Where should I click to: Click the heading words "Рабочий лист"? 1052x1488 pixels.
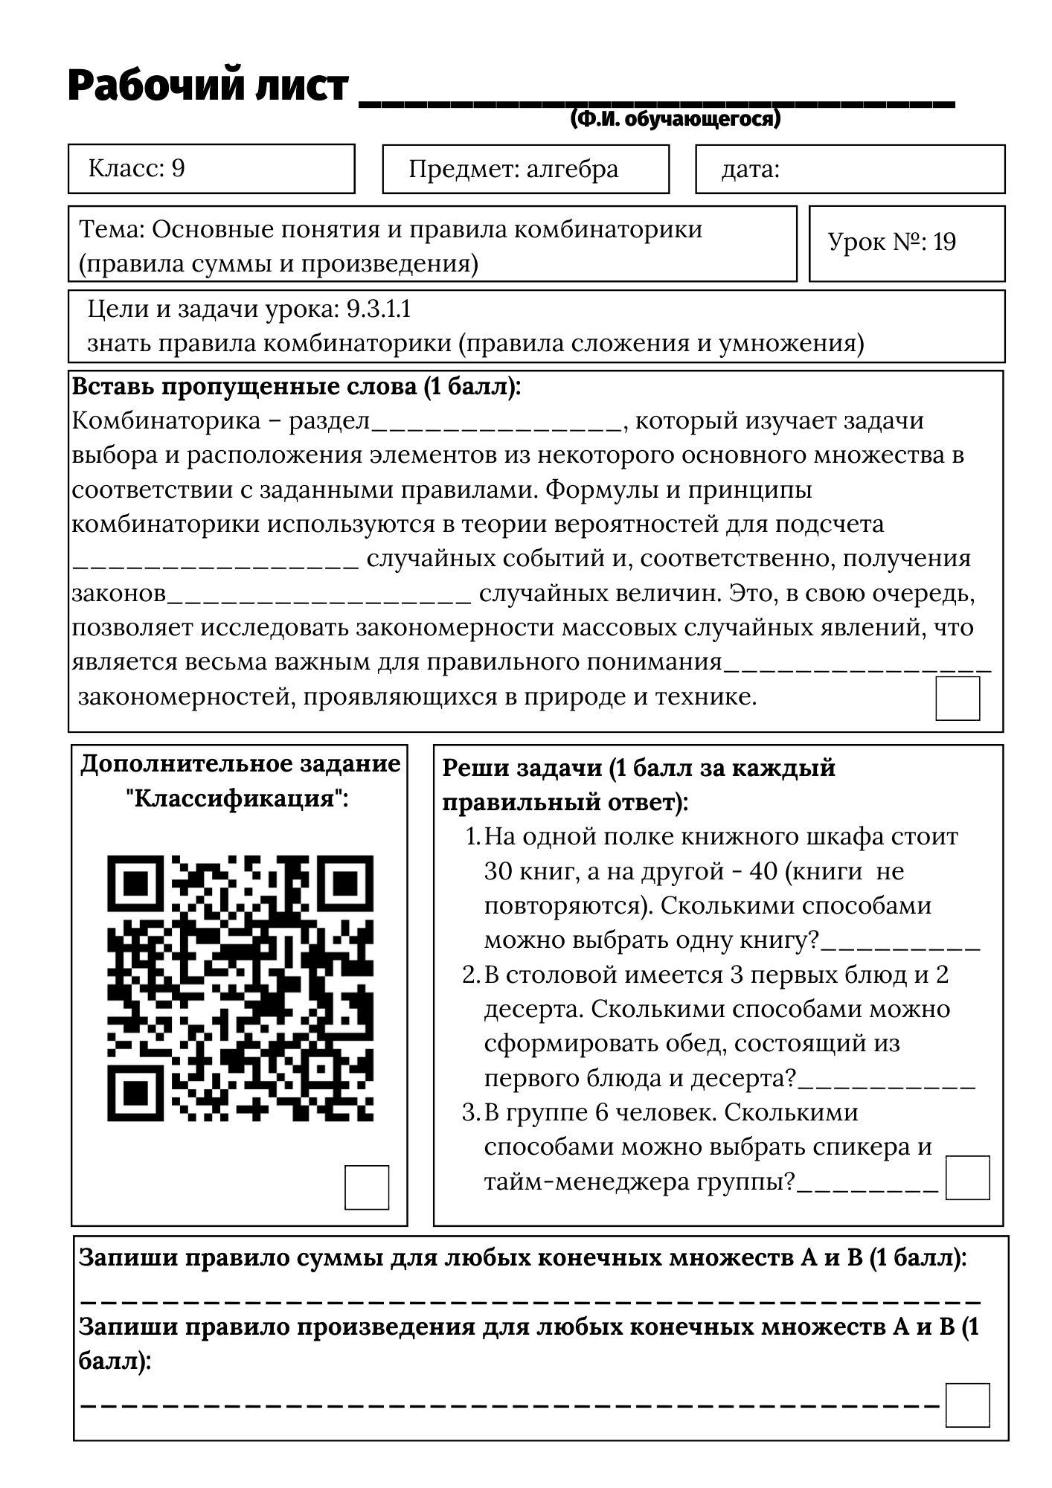[x=208, y=86]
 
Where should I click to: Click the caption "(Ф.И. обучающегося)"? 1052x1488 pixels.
[x=676, y=120]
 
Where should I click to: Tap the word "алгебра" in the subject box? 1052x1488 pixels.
[x=572, y=170]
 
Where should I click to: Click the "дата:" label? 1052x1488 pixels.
[x=750, y=170]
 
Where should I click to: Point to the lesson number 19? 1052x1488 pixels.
[x=944, y=243]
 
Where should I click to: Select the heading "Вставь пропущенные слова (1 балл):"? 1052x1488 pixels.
[x=296, y=388]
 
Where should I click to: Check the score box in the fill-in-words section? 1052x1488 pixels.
[x=957, y=698]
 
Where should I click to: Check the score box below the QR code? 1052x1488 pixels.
[x=367, y=1187]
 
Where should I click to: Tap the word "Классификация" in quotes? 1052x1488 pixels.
[x=237, y=799]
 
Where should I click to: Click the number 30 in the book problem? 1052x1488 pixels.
[x=498, y=871]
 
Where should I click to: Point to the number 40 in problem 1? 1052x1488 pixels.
[x=763, y=871]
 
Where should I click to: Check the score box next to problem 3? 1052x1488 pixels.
[x=967, y=1177]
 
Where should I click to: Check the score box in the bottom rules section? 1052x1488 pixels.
[x=967, y=1405]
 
